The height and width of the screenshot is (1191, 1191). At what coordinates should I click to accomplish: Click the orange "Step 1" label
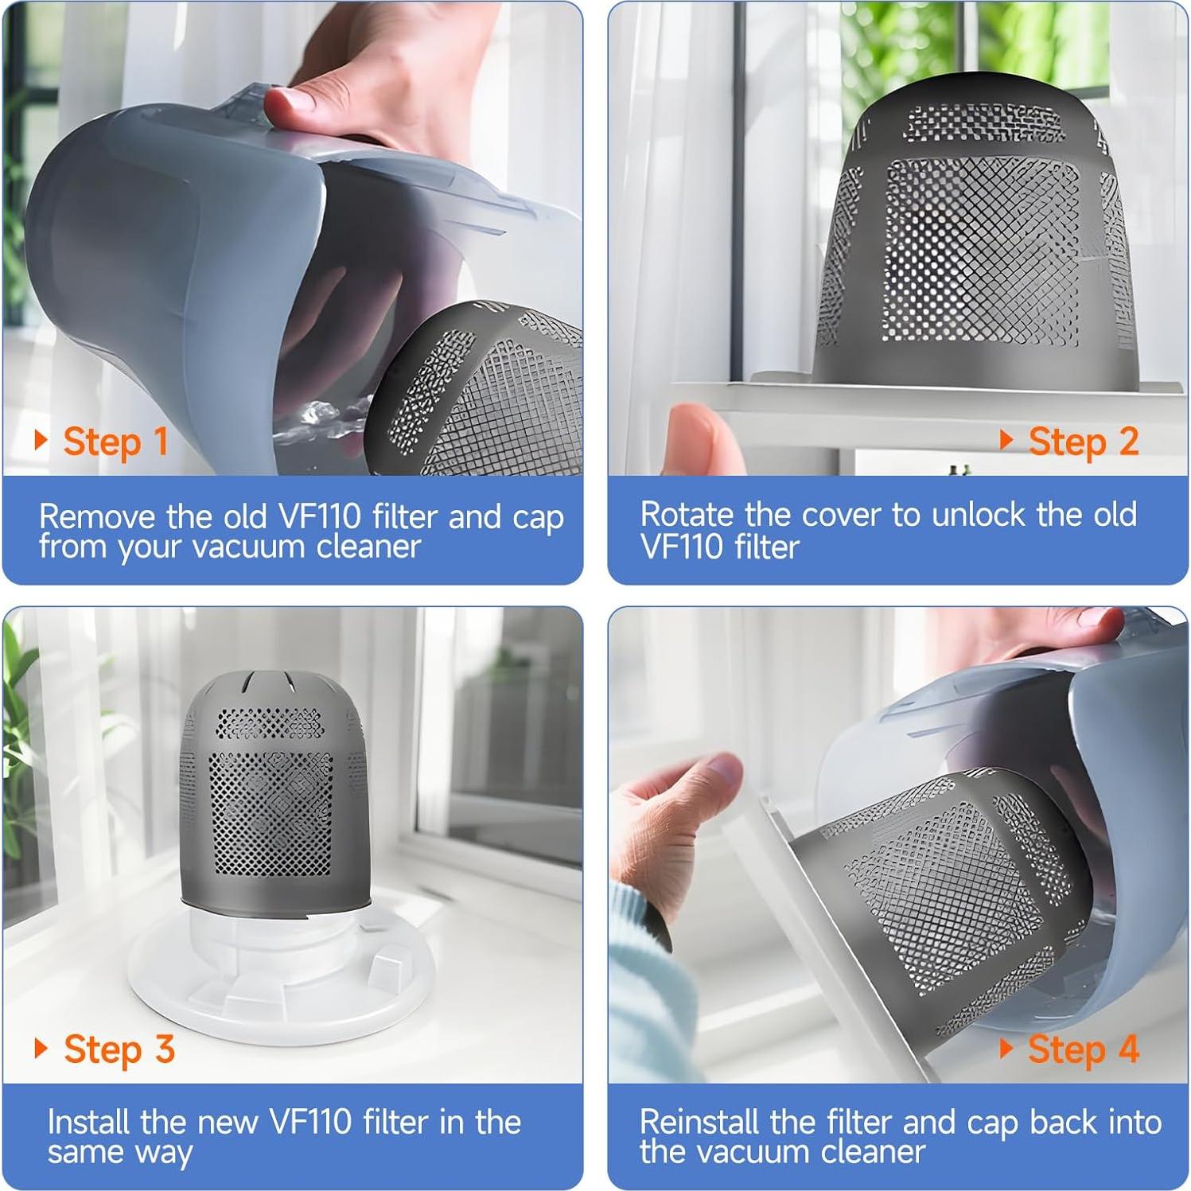115,442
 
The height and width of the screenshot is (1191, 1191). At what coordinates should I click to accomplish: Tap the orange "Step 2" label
1083,442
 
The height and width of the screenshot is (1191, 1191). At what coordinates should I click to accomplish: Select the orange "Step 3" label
119,1049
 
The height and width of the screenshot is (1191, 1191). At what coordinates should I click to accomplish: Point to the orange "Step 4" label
1083,1049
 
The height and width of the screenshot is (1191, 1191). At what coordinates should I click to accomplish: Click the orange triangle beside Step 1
41,440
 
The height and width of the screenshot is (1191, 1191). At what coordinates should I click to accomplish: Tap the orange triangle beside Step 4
1006,1048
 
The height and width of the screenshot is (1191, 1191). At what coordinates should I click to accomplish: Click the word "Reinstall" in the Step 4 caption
699,1122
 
